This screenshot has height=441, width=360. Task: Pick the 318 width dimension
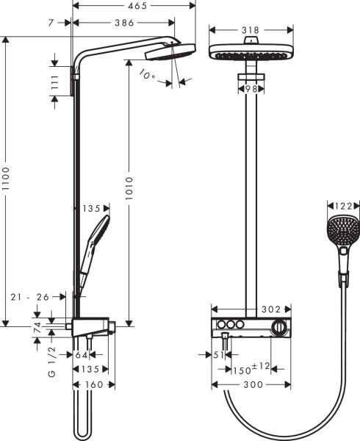(250, 30)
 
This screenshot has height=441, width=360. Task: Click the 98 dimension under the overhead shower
(250, 88)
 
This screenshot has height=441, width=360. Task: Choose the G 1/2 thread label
(51, 362)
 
